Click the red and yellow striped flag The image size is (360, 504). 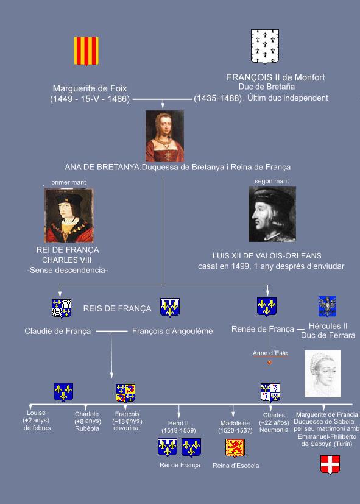click(x=86, y=51)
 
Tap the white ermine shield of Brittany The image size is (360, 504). click(x=265, y=46)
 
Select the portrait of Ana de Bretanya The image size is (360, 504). click(x=164, y=136)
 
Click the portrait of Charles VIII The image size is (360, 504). click(x=69, y=215)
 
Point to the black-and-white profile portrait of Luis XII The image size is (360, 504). click(x=272, y=214)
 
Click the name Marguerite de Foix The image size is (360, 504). click(x=90, y=88)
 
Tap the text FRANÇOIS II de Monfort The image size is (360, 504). click(x=276, y=77)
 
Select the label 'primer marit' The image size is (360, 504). click(x=69, y=182)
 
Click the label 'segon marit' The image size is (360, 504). click(x=272, y=181)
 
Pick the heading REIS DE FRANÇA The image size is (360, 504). click(x=117, y=308)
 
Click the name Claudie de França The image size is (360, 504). click(x=58, y=331)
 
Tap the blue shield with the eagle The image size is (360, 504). click(x=327, y=307)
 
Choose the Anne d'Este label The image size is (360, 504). click(x=270, y=353)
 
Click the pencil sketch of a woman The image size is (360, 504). click(x=323, y=374)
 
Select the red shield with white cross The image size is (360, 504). click(x=330, y=464)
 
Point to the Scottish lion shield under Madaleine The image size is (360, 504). click(x=235, y=448)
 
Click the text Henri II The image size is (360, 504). click(x=178, y=424)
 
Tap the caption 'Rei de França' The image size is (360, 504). click(x=180, y=465)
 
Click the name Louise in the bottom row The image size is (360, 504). click(x=36, y=413)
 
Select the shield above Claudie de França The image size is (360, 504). click(x=62, y=308)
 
